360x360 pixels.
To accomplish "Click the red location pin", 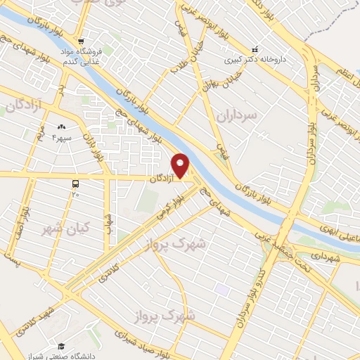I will point(181,165).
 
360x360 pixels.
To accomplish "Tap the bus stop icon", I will point(75,184).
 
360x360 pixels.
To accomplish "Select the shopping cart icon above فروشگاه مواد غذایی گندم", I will point(82,41).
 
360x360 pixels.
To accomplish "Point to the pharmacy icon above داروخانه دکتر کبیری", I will point(255,49).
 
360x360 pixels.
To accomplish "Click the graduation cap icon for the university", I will point(61,345).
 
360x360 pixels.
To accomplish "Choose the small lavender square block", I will point(222,289).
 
